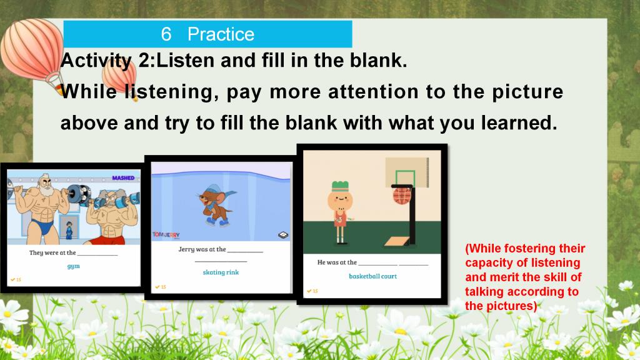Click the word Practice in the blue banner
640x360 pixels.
click(221, 34)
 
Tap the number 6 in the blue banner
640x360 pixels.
click(166, 34)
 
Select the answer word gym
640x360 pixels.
click(74, 266)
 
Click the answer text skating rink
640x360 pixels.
click(221, 272)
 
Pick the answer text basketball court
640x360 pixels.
click(372, 276)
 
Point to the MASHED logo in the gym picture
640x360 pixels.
click(123, 178)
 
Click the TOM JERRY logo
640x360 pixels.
click(166, 235)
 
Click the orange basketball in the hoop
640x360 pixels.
click(402, 196)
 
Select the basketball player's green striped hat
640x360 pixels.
click(340, 186)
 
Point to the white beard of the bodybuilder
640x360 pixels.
click(46, 190)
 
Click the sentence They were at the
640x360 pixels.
click(52, 252)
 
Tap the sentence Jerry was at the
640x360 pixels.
click(202, 249)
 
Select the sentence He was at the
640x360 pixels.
click(337, 262)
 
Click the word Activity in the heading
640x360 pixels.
click(96, 61)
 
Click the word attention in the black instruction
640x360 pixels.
click(374, 92)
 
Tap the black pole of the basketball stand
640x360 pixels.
click(412, 216)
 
